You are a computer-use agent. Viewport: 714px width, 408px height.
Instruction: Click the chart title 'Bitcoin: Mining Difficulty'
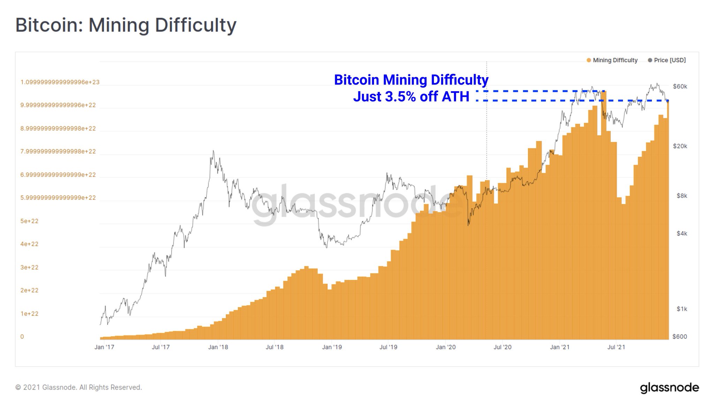[x=126, y=25]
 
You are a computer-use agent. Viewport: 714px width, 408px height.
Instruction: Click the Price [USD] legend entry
[x=667, y=60]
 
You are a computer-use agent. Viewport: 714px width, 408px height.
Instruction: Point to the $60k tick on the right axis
[x=680, y=86]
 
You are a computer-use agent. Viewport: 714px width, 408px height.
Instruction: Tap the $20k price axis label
[x=680, y=146]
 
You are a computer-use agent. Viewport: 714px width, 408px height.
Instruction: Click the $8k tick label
[x=682, y=196]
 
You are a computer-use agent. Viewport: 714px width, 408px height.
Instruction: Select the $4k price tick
[x=682, y=234]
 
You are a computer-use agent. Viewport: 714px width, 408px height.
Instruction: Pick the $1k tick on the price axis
[x=682, y=309]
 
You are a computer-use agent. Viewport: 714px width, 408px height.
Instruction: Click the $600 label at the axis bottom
[x=679, y=337]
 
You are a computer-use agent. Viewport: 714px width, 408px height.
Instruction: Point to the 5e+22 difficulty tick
[x=29, y=221]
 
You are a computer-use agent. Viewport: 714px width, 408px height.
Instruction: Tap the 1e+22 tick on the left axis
[x=29, y=314]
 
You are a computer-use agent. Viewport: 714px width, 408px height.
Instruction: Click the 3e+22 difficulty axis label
[x=29, y=267]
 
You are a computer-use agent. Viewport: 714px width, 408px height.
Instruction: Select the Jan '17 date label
[x=104, y=347]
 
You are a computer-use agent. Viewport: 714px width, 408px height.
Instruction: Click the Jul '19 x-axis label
[x=388, y=347]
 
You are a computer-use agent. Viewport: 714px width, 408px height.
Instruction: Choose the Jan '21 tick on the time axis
[x=560, y=347]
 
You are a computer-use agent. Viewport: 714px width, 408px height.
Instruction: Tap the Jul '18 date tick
[x=274, y=347]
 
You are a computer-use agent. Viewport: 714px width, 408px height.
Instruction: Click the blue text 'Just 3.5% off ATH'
[x=411, y=96]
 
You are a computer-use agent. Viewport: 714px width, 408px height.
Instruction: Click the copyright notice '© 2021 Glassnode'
[x=78, y=387]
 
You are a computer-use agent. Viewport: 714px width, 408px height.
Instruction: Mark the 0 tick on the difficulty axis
[x=22, y=337]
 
